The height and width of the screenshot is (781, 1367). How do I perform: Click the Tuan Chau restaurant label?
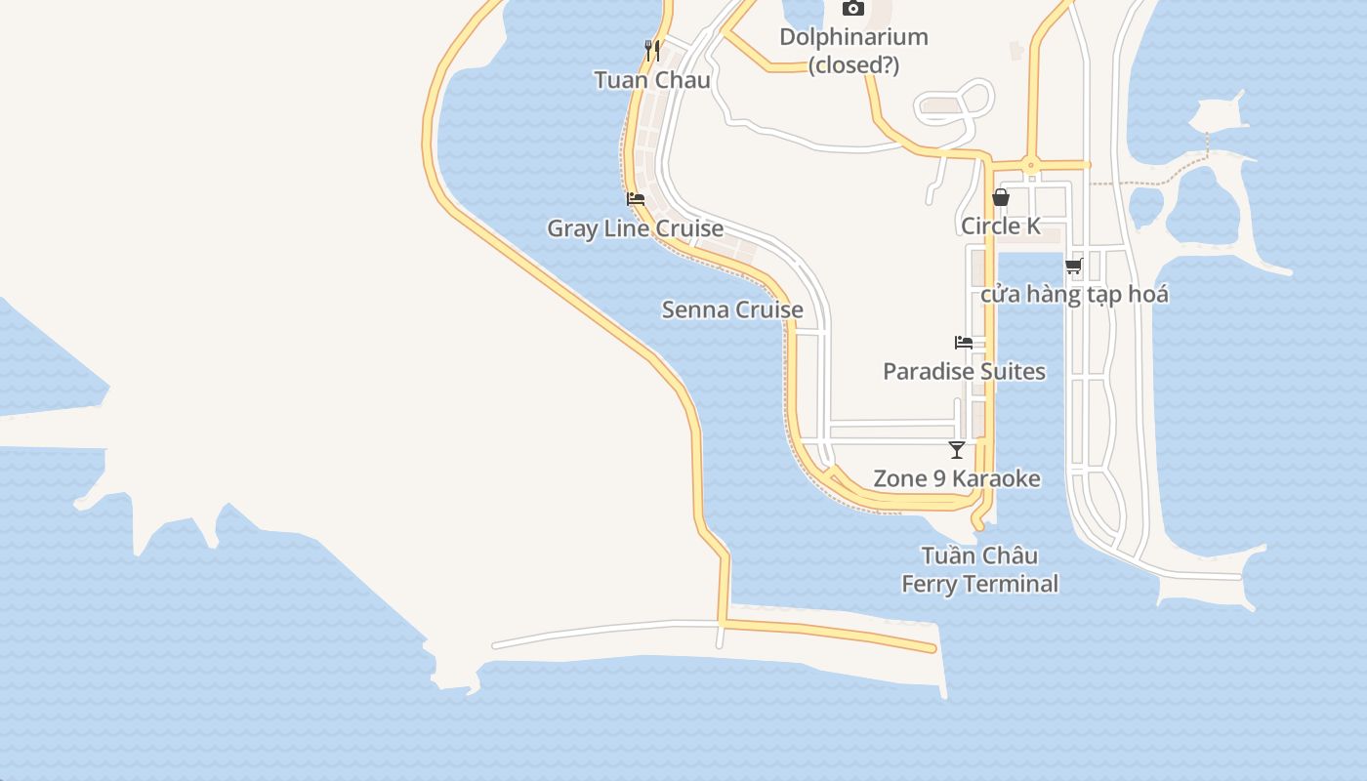(x=652, y=80)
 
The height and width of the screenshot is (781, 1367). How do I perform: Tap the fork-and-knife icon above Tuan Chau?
(x=652, y=50)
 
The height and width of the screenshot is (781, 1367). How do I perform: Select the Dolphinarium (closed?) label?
(x=853, y=51)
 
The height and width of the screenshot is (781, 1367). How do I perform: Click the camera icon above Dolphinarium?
(x=853, y=9)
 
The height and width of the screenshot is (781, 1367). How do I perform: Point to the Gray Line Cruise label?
(x=635, y=228)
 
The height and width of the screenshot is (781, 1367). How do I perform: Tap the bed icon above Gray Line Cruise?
(x=636, y=199)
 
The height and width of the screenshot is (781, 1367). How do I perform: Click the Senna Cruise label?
(x=732, y=309)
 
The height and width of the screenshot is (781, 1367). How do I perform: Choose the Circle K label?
(x=1001, y=226)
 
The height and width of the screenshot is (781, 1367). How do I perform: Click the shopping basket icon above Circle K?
(x=1001, y=197)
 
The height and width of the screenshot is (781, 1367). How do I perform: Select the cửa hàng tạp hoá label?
(x=1074, y=294)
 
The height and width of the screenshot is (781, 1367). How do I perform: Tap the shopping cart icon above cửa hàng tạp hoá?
(x=1074, y=266)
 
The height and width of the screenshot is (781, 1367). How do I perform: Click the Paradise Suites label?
(x=964, y=371)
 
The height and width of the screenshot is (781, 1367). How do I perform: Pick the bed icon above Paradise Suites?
(x=964, y=343)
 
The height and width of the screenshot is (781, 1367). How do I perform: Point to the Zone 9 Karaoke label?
(x=957, y=478)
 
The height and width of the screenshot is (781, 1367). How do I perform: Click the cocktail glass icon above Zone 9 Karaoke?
(x=957, y=450)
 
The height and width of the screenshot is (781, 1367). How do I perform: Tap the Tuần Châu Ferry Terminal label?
(x=979, y=570)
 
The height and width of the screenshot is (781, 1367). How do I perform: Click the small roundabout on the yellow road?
(x=1029, y=165)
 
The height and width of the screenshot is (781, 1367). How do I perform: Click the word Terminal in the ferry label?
(x=1013, y=584)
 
